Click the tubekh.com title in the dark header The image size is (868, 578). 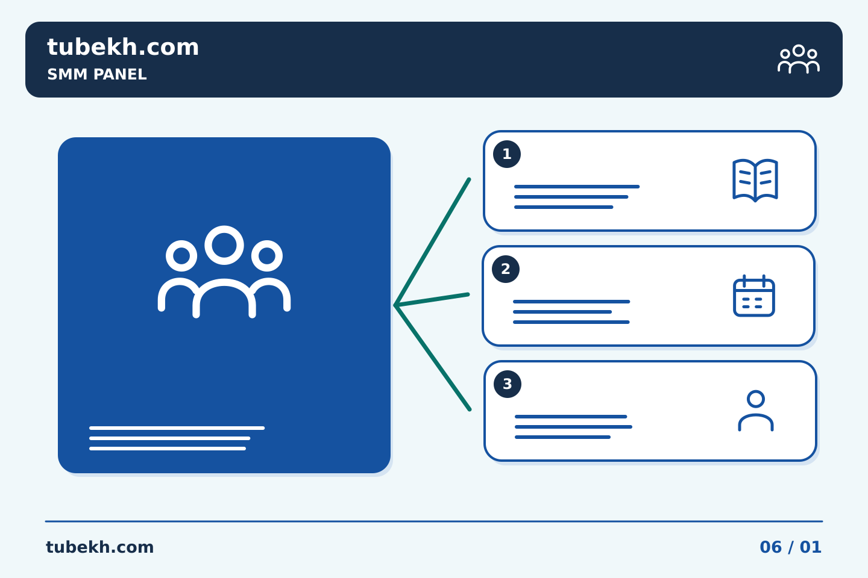point(123,47)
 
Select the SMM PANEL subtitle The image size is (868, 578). point(97,74)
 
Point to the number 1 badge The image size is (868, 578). point(506,154)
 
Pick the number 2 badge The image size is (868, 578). point(505,269)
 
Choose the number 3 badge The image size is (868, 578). point(508,384)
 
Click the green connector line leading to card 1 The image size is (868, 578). point(432,243)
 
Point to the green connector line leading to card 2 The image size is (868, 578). point(432,300)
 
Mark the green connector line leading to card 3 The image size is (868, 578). point(432,358)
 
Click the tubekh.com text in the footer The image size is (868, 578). point(99,547)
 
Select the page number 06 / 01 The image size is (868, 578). point(790,547)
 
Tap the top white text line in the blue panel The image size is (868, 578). point(177,428)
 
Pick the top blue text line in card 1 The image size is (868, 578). point(577,187)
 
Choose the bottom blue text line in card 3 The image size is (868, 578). point(562,437)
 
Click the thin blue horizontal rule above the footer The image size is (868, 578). point(434,521)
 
